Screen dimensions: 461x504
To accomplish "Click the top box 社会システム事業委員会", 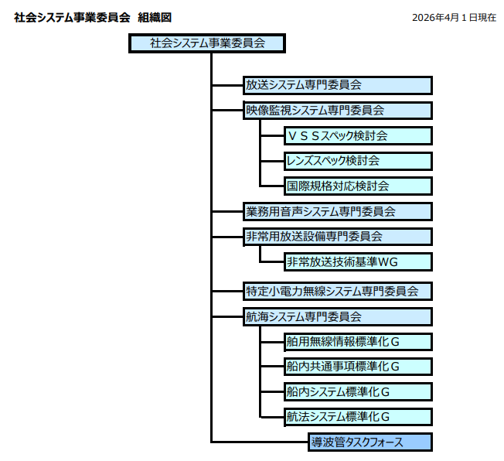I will tap(206, 43).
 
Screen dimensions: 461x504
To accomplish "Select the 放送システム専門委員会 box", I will tap(336, 85).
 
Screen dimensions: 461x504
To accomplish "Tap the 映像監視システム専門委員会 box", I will tap(336, 111).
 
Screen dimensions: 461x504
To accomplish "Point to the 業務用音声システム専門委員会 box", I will tap(336, 211).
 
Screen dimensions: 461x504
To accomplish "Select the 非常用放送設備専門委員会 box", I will tap(336, 236).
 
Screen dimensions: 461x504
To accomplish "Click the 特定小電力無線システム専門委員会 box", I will tap(336, 292).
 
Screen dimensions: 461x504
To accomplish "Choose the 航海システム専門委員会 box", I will tap(336, 316).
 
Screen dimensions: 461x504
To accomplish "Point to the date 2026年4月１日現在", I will tap(454, 17).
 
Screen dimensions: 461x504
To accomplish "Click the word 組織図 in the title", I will tap(154, 17).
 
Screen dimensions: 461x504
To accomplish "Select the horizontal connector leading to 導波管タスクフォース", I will tap(259, 442).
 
